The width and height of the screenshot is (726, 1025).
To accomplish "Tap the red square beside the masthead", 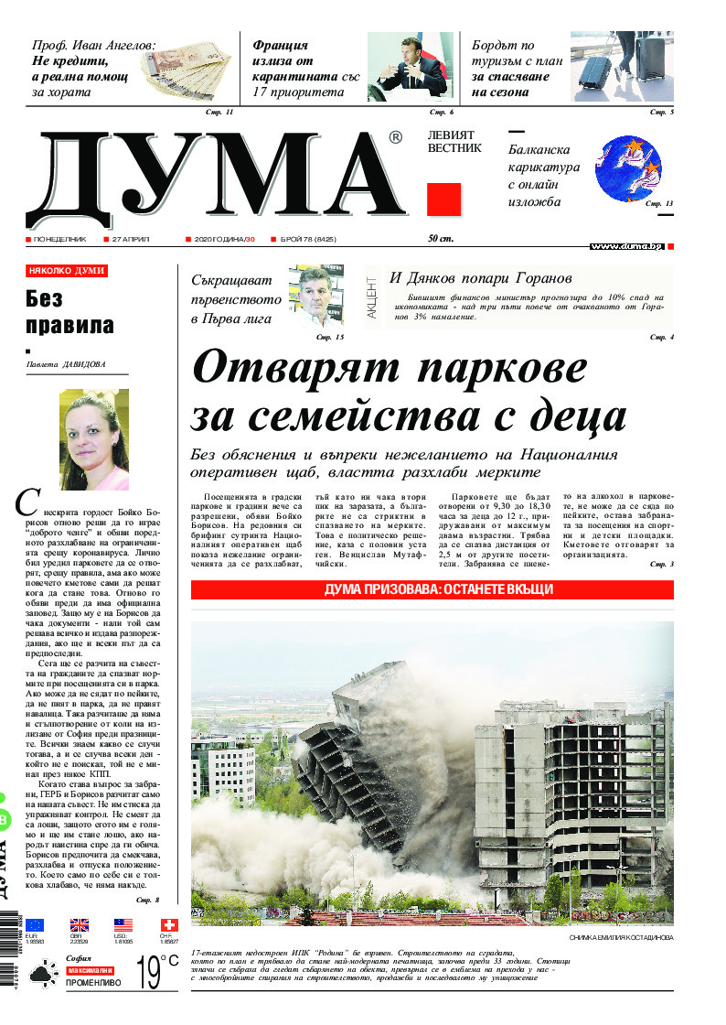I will [443, 200].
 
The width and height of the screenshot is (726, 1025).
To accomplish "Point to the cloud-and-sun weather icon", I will [42, 977].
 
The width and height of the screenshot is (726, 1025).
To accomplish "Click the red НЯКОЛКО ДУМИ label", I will [67, 272].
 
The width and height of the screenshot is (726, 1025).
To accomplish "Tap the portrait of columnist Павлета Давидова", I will [94, 439].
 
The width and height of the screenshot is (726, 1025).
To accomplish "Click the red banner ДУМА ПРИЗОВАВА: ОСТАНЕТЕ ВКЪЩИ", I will [432, 589].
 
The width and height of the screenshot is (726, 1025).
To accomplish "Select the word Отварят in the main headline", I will [296, 369].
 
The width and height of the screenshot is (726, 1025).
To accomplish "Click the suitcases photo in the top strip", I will [622, 66].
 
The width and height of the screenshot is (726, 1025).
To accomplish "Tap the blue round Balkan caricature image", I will [629, 168].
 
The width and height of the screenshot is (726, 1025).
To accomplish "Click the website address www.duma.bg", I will [626, 246].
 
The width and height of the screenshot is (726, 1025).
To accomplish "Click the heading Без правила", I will [69, 311].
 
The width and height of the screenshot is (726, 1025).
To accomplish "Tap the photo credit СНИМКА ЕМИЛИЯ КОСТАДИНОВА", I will [620, 938].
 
